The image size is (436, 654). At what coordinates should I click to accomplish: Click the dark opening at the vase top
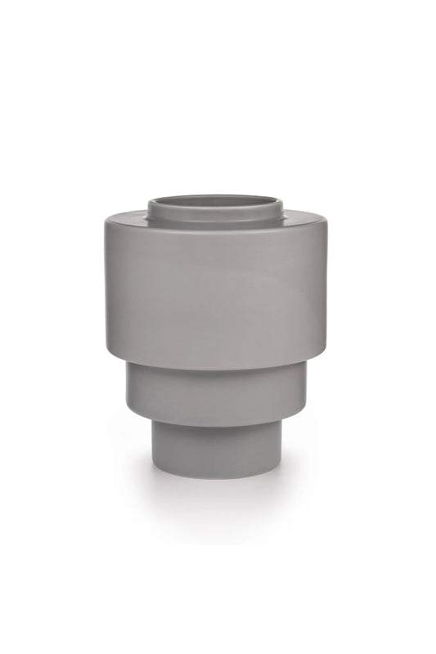[x=218, y=199]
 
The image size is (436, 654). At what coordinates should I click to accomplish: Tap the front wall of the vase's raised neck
[x=218, y=214]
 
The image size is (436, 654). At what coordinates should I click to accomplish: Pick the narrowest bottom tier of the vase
[x=218, y=450]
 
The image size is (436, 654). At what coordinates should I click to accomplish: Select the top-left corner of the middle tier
[x=127, y=365]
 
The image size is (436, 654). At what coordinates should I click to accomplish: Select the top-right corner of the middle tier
[x=310, y=365]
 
